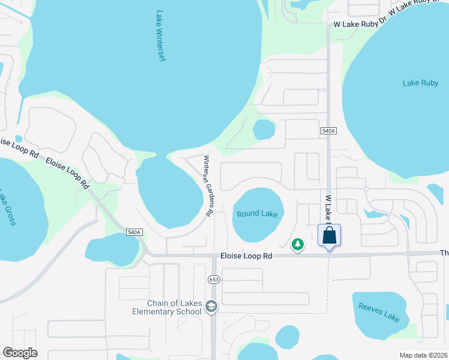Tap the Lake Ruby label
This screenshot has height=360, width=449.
pyautogui.click(x=420, y=83)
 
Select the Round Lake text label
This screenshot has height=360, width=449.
pyautogui.click(x=257, y=214)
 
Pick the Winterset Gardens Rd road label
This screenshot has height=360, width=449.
pyautogui.click(x=208, y=186)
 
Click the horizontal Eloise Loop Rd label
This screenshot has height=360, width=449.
pyautogui.click(x=247, y=256)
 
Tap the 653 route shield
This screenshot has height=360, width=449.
pyautogui.click(x=214, y=280)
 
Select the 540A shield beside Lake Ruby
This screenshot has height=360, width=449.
pyautogui.click(x=328, y=130)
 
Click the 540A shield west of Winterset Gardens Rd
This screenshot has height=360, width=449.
pyautogui.click(x=134, y=232)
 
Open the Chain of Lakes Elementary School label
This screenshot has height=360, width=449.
pyautogui.click(x=167, y=307)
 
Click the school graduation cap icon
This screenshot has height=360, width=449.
pyautogui.click(x=211, y=307)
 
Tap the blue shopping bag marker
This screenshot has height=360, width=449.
pyautogui.click(x=330, y=235)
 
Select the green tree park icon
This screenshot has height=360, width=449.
pyautogui.click(x=297, y=244)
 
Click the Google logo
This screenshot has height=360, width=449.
pyautogui.click(x=20, y=353)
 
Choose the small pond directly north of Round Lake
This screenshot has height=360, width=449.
pyautogui.click(x=264, y=129)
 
